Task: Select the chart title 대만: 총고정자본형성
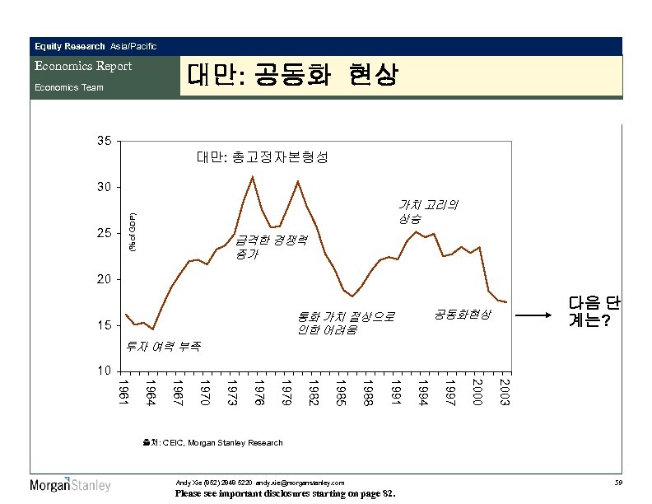(x=261, y=156)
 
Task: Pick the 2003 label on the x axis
(x=505, y=391)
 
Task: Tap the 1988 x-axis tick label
(x=369, y=391)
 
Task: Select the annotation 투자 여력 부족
(x=164, y=346)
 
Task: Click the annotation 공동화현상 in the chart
(x=463, y=315)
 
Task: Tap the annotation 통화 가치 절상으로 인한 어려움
(x=346, y=323)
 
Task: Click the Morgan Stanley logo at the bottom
(x=71, y=485)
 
